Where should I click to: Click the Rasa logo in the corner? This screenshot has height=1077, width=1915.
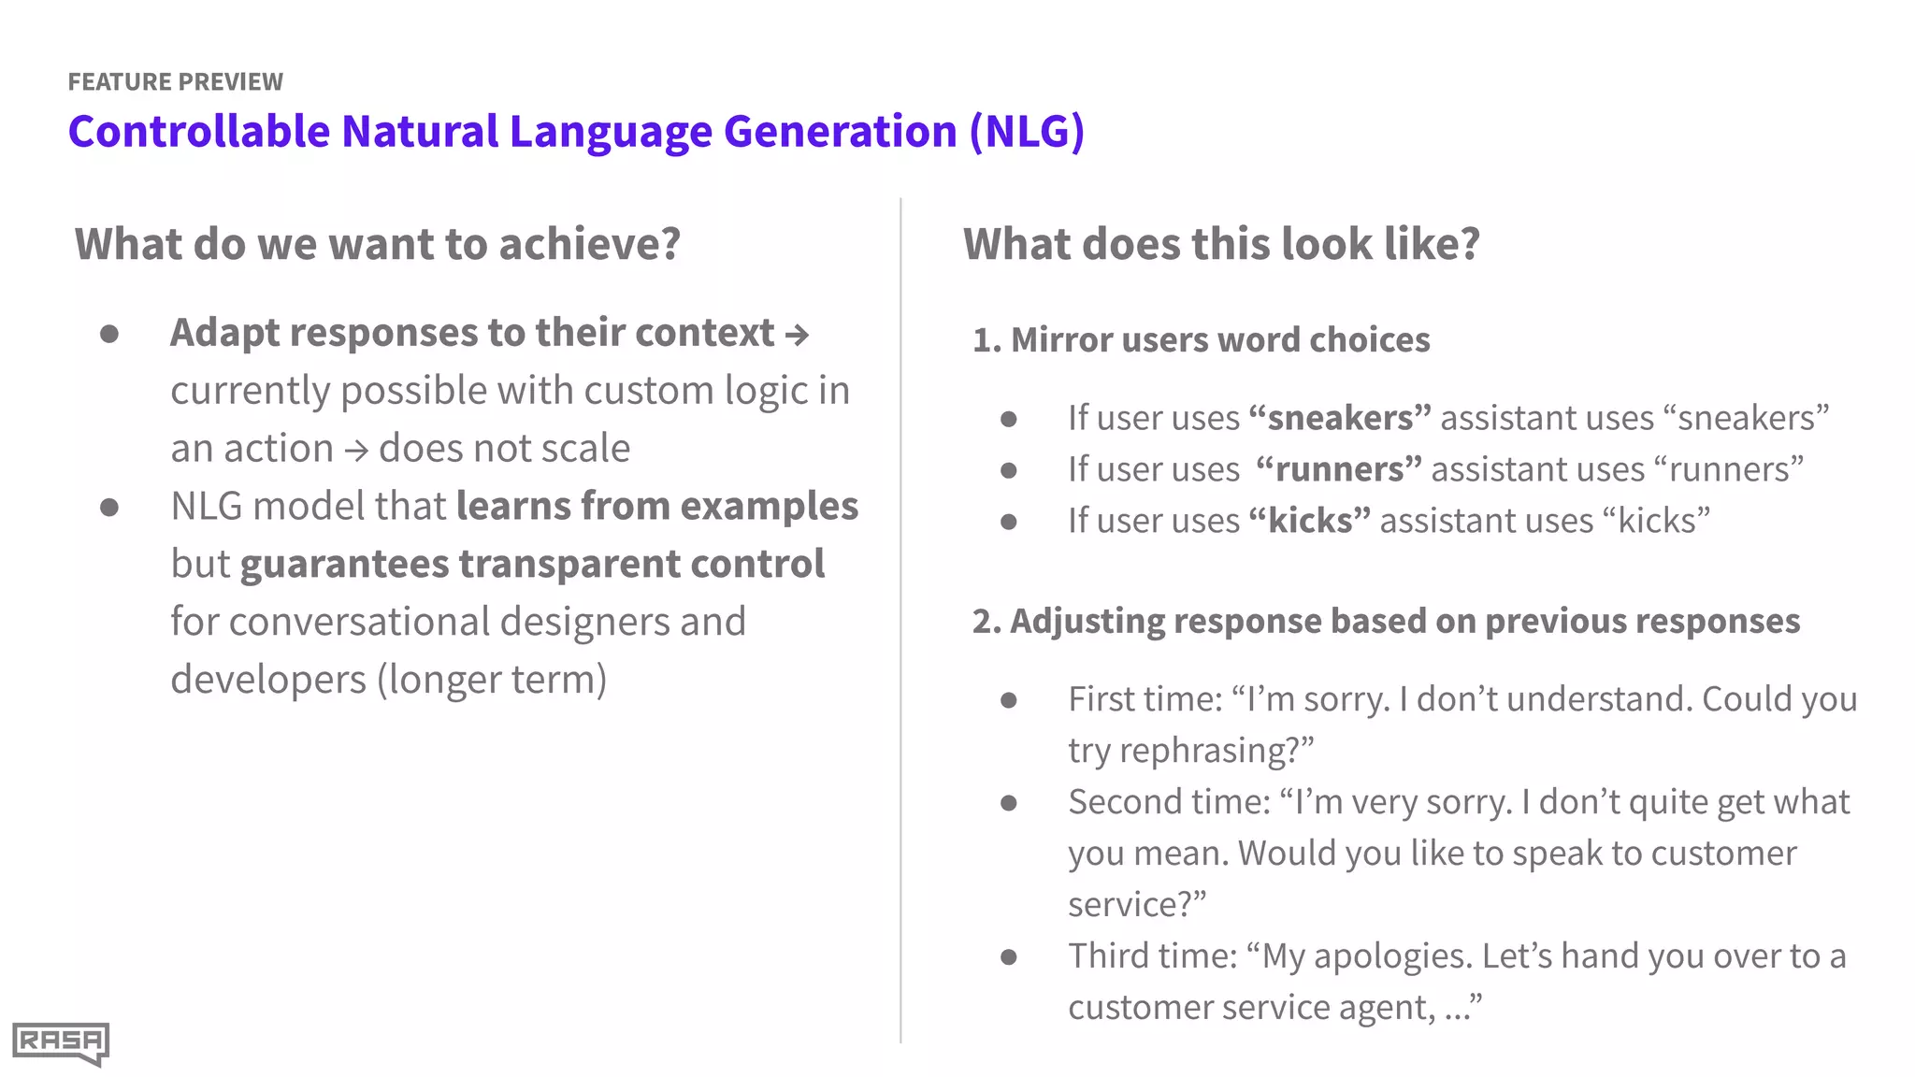pyautogui.click(x=60, y=1042)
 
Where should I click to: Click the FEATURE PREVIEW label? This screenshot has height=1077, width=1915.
pyautogui.click(x=175, y=82)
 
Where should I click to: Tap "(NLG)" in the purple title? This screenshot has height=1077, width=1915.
pyautogui.click(x=1026, y=131)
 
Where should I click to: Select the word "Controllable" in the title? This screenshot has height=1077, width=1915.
pyautogui.click(x=198, y=131)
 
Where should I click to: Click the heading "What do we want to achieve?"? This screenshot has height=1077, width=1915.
pyautogui.click(x=378, y=244)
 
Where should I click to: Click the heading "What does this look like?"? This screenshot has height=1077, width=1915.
pyautogui.click(x=1221, y=244)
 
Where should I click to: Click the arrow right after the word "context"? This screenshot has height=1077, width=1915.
pyautogui.click(x=797, y=335)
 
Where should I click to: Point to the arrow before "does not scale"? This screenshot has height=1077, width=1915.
pyautogui.click(x=355, y=451)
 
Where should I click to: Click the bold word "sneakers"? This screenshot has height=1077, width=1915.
pyautogui.click(x=1340, y=418)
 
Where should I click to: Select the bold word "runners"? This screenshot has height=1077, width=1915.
pyautogui.click(x=1339, y=469)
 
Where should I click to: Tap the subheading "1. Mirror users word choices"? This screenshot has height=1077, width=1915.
pyautogui.click(x=1201, y=340)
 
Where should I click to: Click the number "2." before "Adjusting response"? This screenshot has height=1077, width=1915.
pyautogui.click(x=986, y=622)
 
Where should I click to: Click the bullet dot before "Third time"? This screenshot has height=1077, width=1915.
pyautogui.click(x=1008, y=956)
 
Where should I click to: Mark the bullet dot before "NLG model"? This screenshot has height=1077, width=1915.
pyautogui.click(x=109, y=508)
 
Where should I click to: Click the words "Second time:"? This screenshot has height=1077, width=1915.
pyautogui.click(x=1169, y=802)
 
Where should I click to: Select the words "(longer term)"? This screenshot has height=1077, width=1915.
pyautogui.click(x=492, y=680)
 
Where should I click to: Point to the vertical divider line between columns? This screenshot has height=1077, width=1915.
pyautogui.click(x=900, y=617)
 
